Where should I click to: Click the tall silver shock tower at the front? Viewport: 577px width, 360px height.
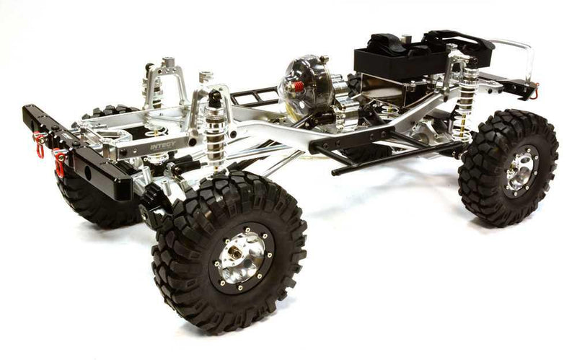(166, 83)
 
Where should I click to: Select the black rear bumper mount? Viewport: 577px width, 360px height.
(516, 85)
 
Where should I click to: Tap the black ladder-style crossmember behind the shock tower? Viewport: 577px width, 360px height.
(252, 97)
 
